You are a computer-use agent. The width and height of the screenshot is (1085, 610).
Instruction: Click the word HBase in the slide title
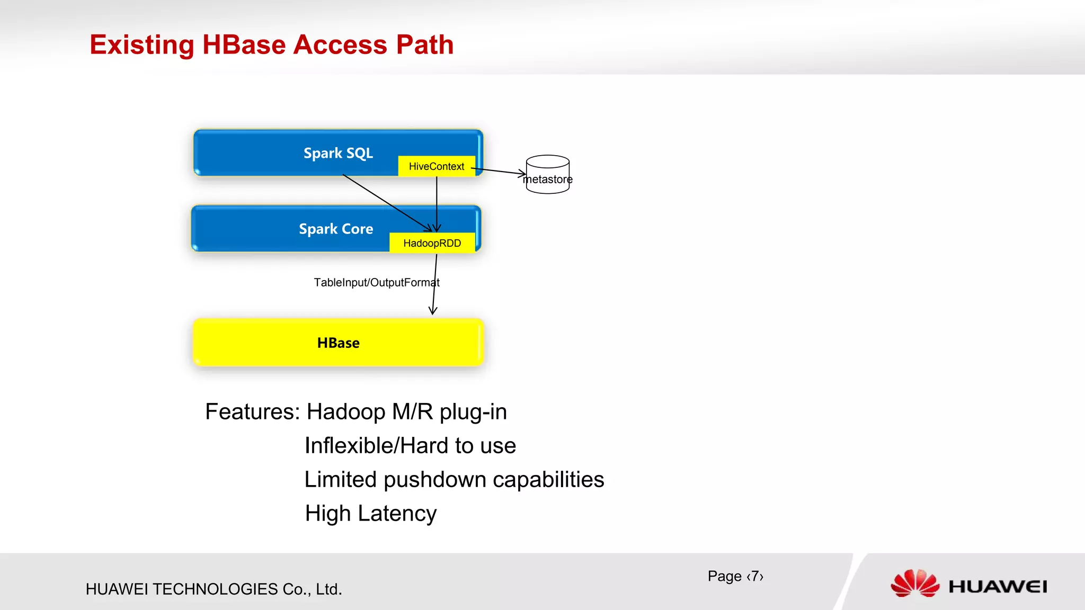pos(244,44)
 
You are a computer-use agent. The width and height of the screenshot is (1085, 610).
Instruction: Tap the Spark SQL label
pos(338,153)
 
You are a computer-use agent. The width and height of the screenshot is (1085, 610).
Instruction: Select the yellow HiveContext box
pos(436,166)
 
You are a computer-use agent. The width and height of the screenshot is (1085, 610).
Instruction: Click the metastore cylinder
pos(548,175)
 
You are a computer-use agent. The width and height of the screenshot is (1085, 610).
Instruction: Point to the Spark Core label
pos(336,229)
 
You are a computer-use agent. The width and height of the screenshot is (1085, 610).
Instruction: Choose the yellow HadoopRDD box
pos(432,243)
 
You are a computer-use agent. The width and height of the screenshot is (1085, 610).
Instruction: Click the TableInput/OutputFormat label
pos(376,282)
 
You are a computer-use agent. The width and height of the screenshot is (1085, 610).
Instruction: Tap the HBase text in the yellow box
pos(338,343)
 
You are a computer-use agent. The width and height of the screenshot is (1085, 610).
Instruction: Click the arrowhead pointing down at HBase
pos(433,310)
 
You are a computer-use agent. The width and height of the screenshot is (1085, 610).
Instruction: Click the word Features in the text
pos(252,412)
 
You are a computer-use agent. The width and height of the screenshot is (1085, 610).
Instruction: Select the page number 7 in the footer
pos(755,576)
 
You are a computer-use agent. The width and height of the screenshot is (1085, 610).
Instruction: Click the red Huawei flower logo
pos(915,584)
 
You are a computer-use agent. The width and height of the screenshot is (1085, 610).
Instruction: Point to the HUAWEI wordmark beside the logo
pos(998,587)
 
